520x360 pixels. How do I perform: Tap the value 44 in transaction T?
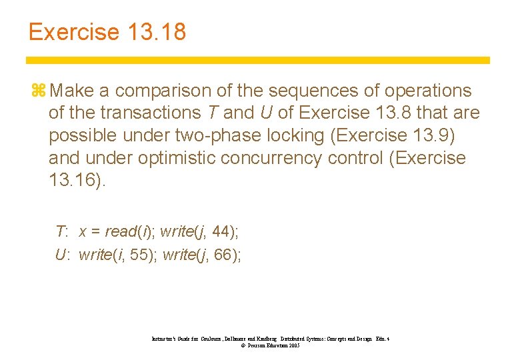coord(224,231)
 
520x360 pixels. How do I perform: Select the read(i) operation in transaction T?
coord(130,231)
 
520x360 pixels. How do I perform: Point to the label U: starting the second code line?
coord(63,254)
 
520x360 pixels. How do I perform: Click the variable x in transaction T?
coord(83,232)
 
